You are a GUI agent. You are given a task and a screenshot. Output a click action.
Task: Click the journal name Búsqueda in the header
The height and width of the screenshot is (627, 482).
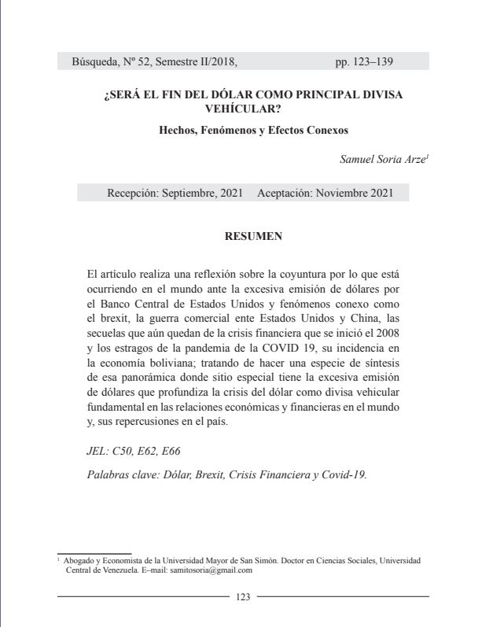94,61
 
